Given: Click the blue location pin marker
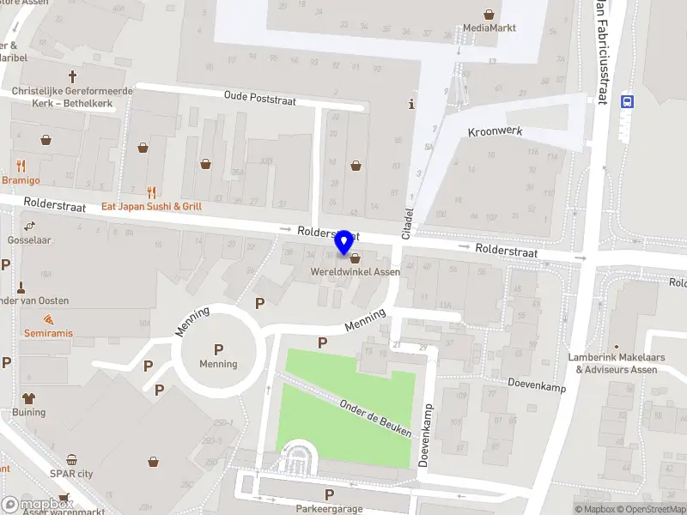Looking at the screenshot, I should click(x=344, y=242).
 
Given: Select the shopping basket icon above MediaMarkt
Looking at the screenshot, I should click(x=489, y=14).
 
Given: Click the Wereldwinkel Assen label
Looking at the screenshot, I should click(x=355, y=272).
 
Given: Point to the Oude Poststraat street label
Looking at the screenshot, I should click(x=259, y=99).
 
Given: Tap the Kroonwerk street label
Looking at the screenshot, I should click(x=495, y=131).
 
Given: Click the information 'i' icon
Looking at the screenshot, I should click(x=411, y=105).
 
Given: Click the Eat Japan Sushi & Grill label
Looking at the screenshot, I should click(x=152, y=207).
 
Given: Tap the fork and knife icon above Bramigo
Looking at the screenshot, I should click(x=21, y=166).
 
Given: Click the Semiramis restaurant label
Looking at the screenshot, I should click(x=48, y=332).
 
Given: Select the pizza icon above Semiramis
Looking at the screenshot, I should click(x=48, y=318).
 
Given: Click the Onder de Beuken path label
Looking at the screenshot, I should click(x=375, y=419).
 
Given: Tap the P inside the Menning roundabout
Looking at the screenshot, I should click(x=218, y=349).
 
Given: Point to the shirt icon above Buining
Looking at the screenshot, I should click(x=29, y=398).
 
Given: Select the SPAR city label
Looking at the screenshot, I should click(x=71, y=474).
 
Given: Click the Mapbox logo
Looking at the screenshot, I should click(x=37, y=505).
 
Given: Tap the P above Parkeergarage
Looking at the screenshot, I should click(x=329, y=494).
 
